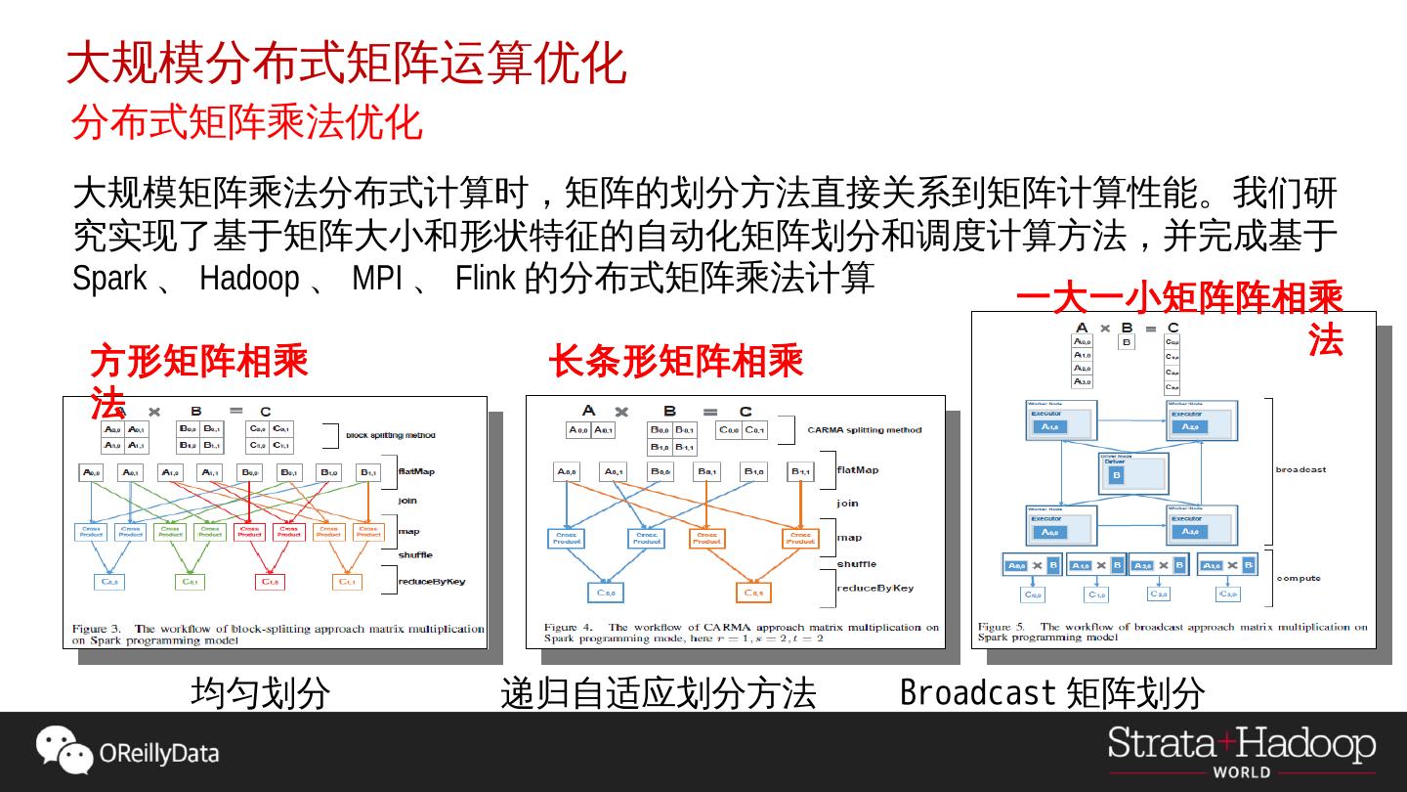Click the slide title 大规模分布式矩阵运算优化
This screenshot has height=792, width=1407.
[x=346, y=64]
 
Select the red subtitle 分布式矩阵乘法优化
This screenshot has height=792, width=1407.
[x=246, y=123]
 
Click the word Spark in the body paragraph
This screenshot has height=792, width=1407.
[x=109, y=279]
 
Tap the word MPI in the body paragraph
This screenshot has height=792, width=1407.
[x=377, y=279]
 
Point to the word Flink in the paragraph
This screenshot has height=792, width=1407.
[x=485, y=279]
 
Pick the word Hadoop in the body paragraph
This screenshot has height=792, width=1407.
[x=249, y=279]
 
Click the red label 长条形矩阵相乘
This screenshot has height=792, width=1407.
[x=675, y=362]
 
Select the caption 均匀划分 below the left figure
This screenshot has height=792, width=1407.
[x=260, y=693]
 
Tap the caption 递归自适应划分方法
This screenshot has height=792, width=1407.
[x=658, y=693]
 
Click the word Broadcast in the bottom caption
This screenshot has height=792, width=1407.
[x=978, y=692]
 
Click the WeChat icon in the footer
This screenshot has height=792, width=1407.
[x=64, y=750]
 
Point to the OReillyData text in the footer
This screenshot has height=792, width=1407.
[x=159, y=754]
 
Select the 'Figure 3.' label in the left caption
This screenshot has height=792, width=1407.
[x=96, y=629]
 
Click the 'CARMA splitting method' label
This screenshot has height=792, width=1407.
[x=864, y=430]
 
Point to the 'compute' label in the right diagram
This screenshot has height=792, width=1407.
[x=1299, y=578]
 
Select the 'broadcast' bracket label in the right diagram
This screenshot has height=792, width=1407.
[x=1300, y=470]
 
